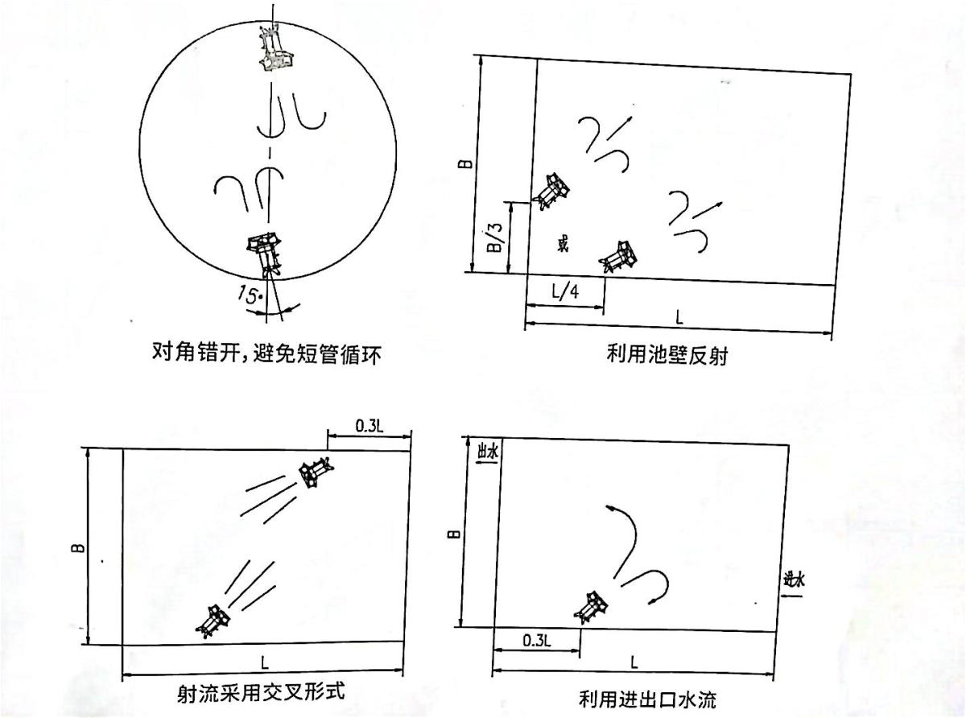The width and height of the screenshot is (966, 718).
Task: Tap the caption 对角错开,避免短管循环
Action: coord(265,352)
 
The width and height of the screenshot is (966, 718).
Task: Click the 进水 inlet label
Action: coord(794,578)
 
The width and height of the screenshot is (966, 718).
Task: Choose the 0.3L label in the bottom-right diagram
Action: coord(536,640)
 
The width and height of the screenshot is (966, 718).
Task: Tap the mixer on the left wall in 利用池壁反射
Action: coord(552,191)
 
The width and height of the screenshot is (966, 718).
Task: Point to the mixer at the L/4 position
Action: coord(619,257)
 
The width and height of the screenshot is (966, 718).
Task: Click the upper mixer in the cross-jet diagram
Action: coord(314,471)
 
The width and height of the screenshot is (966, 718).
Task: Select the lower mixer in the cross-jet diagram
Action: coord(213,620)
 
